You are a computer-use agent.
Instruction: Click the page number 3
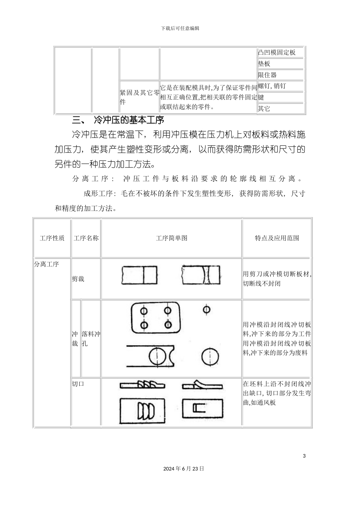coord(304,456)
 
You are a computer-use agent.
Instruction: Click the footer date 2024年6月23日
coord(184,468)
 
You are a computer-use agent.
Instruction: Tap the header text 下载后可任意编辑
coord(180,28)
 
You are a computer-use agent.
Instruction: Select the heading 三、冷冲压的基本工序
coord(118,120)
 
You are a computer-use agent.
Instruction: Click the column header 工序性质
coord(52,238)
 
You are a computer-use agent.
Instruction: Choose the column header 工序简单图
coord(172,238)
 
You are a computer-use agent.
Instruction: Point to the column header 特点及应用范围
coord(277,238)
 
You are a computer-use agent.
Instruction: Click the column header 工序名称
coord(86,238)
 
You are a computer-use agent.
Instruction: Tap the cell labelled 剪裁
coord(78,279)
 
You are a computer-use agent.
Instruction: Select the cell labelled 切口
coord(78,384)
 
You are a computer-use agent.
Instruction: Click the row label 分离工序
coord(47,264)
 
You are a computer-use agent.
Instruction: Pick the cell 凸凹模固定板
coord(277,52)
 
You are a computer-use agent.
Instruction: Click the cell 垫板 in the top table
coord(264,64)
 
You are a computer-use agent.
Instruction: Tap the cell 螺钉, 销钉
coord(272,86)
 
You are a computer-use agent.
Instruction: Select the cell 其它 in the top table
coord(264,109)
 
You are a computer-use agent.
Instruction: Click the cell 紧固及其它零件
coord(139,97)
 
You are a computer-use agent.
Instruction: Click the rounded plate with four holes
coord(156,318)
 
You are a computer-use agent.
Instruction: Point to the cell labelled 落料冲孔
coord(91,339)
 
